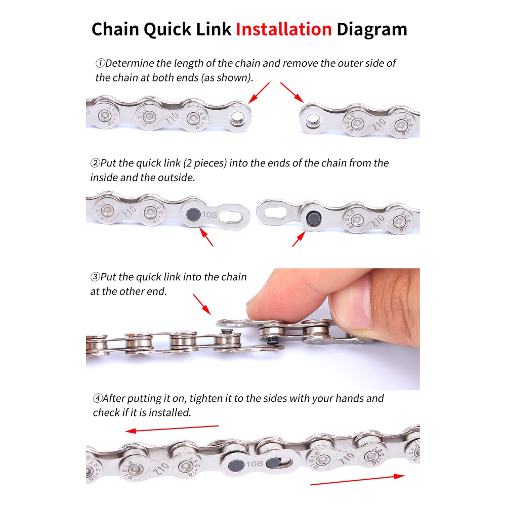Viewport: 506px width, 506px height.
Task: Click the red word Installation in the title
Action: point(284,29)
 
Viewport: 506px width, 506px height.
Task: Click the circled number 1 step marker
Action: point(100,63)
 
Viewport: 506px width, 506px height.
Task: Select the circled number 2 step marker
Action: point(95,163)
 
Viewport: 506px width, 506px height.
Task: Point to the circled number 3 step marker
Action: point(95,277)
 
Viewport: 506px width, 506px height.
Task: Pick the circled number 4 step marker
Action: point(98,398)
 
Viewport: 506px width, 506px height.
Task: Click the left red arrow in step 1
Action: point(259,93)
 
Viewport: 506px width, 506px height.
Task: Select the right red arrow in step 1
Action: point(292,93)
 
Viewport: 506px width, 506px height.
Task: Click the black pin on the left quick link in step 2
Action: point(194,214)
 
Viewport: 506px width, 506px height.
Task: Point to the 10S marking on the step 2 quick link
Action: point(209,215)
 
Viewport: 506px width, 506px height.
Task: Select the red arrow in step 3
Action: point(202,304)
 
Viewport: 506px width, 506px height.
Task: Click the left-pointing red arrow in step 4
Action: point(172,429)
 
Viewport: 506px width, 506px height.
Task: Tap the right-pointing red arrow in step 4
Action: point(357,480)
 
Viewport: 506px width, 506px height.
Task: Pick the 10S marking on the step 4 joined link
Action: point(255,463)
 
